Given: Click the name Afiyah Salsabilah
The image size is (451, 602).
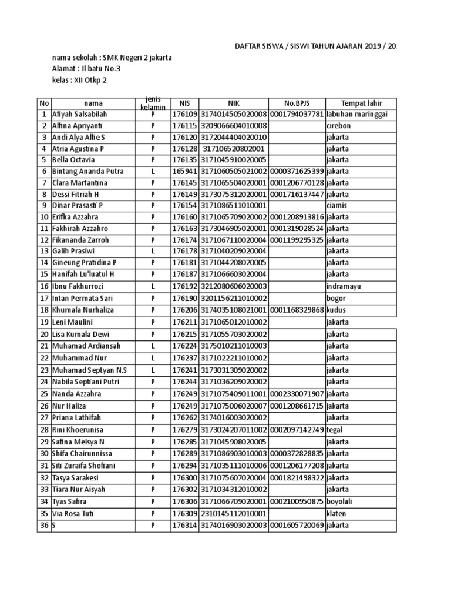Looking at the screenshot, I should (80, 114).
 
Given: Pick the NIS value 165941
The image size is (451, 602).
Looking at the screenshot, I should (184, 171).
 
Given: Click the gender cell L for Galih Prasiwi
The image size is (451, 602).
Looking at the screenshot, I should (153, 251).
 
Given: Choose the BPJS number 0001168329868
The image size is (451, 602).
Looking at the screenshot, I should (297, 310).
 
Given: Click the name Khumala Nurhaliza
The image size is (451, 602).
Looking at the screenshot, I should (83, 310).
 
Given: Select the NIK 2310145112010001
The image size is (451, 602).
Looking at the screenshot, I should (234, 513).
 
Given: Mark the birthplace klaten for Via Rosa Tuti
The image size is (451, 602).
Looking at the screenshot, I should (337, 513).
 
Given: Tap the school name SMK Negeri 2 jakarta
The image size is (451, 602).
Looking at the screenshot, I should (137, 58).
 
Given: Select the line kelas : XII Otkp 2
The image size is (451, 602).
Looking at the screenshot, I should (80, 81).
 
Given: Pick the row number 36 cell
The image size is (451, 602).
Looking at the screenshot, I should (44, 524).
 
